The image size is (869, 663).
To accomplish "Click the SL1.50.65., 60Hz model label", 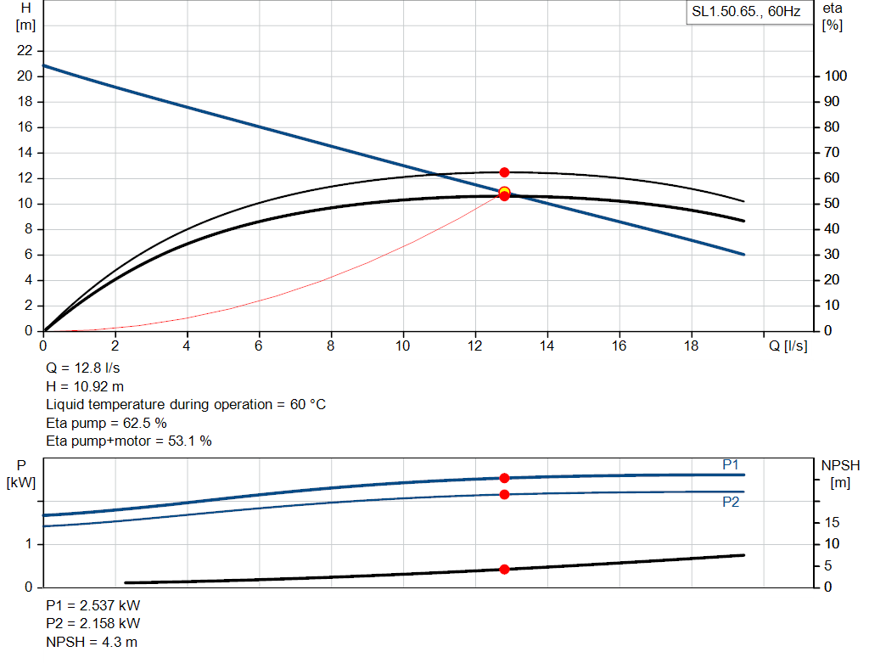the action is point(746,12).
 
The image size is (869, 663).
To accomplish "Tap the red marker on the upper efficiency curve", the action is point(504,172).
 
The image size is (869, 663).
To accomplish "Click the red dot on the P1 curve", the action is point(504,478).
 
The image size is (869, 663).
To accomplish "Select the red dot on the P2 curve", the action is point(504,494).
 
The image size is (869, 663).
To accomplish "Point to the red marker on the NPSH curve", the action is point(504,570).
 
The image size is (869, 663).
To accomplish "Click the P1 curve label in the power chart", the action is point(731,464).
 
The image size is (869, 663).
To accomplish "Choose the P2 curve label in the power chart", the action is point(731,502).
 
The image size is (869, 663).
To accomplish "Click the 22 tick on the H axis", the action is point(25,50).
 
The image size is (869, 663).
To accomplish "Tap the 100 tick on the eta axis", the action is point(836,76).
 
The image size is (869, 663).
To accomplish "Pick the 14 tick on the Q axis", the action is point(547,346).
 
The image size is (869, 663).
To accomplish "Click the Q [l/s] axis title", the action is point(788,346).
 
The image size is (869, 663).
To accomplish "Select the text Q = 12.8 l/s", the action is point(82,368).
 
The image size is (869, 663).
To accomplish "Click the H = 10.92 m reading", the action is point(85,386).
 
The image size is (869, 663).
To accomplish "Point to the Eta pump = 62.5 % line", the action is point(106,423).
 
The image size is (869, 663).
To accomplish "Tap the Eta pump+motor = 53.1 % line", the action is point(129,441).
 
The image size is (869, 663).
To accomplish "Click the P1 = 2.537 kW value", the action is point(93,605).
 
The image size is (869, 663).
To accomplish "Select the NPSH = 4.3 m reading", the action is point(92,642).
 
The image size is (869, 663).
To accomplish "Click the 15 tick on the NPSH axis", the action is point(832,522).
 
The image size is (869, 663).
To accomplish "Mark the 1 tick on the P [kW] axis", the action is point(28,544).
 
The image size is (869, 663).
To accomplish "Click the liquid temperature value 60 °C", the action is point(307,405).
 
